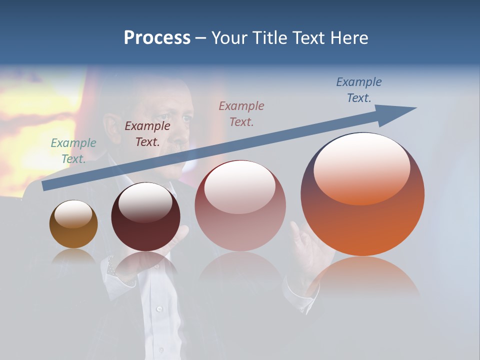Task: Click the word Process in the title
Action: (x=157, y=37)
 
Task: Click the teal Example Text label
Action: (x=73, y=150)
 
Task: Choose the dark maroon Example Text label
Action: (x=147, y=133)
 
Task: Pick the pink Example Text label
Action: (x=241, y=113)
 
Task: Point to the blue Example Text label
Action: (x=358, y=89)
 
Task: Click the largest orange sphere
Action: (x=362, y=220)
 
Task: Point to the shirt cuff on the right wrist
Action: (x=300, y=295)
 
